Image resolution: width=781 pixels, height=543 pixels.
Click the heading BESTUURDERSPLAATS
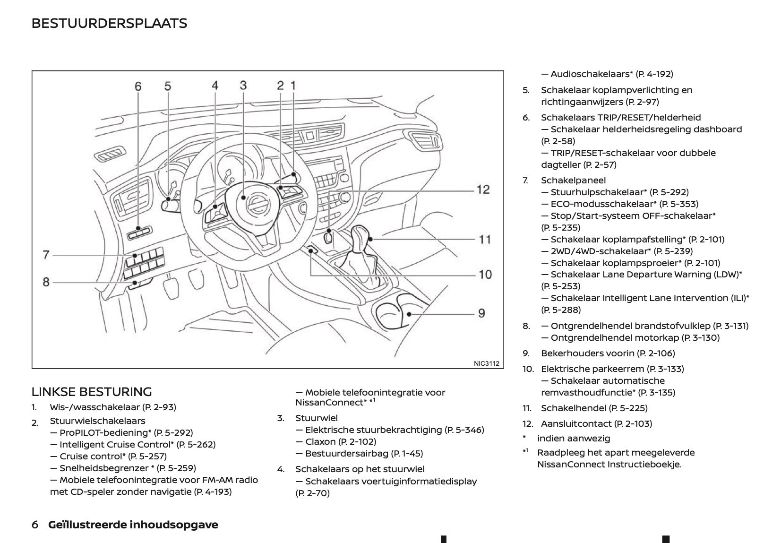pos(109,23)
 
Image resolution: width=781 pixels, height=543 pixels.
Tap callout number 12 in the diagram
pos(483,190)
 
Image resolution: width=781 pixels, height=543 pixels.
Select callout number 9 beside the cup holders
pos(481,313)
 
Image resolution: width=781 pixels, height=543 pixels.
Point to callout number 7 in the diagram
pos(46,255)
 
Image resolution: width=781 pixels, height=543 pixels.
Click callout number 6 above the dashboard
pos(138,86)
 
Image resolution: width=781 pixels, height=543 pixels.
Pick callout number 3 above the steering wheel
pos(243,85)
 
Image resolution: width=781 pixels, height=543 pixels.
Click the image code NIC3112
pos(486,363)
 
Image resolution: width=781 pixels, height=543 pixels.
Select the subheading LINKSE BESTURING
pos(92,392)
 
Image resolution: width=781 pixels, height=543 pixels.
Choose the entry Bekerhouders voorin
pos(608,353)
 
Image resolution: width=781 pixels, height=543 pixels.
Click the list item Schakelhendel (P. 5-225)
pos(594,408)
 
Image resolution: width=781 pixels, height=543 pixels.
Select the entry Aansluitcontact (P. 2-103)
pos(596,423)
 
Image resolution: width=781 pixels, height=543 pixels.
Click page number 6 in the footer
pos(34,525)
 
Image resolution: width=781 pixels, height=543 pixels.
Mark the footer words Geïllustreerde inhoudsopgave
pos(133,525)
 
